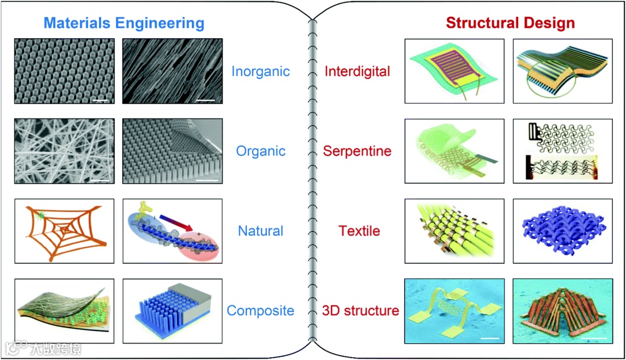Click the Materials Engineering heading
(x=124, y=23)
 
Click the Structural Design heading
(x=510, y=23)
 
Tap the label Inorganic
(x=260, y=71)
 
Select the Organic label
(x=260, y=151)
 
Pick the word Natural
(x=260, y=231)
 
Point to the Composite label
(x=260, y=310)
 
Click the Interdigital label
(x=358, y=71)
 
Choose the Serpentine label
(x=358, y=151)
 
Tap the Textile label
(x=359, y=231)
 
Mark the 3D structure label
(x=361, y=310)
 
